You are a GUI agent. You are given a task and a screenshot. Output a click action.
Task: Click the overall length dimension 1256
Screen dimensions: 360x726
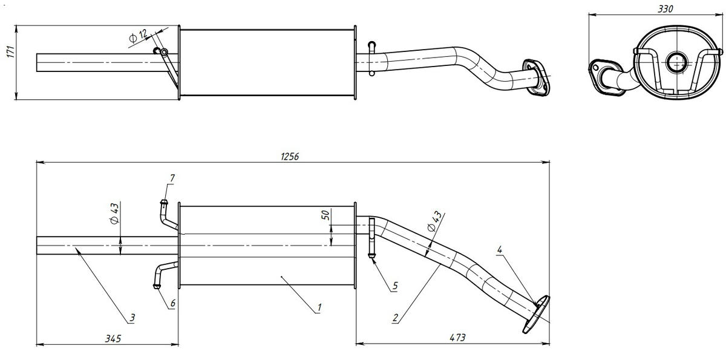[290, 156]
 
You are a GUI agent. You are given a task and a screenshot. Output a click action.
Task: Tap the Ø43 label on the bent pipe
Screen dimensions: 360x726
[434, 222]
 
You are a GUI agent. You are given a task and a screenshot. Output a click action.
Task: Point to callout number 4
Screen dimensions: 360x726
[499, 249]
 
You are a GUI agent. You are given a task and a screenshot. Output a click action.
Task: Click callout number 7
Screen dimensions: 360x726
[172, 178]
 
